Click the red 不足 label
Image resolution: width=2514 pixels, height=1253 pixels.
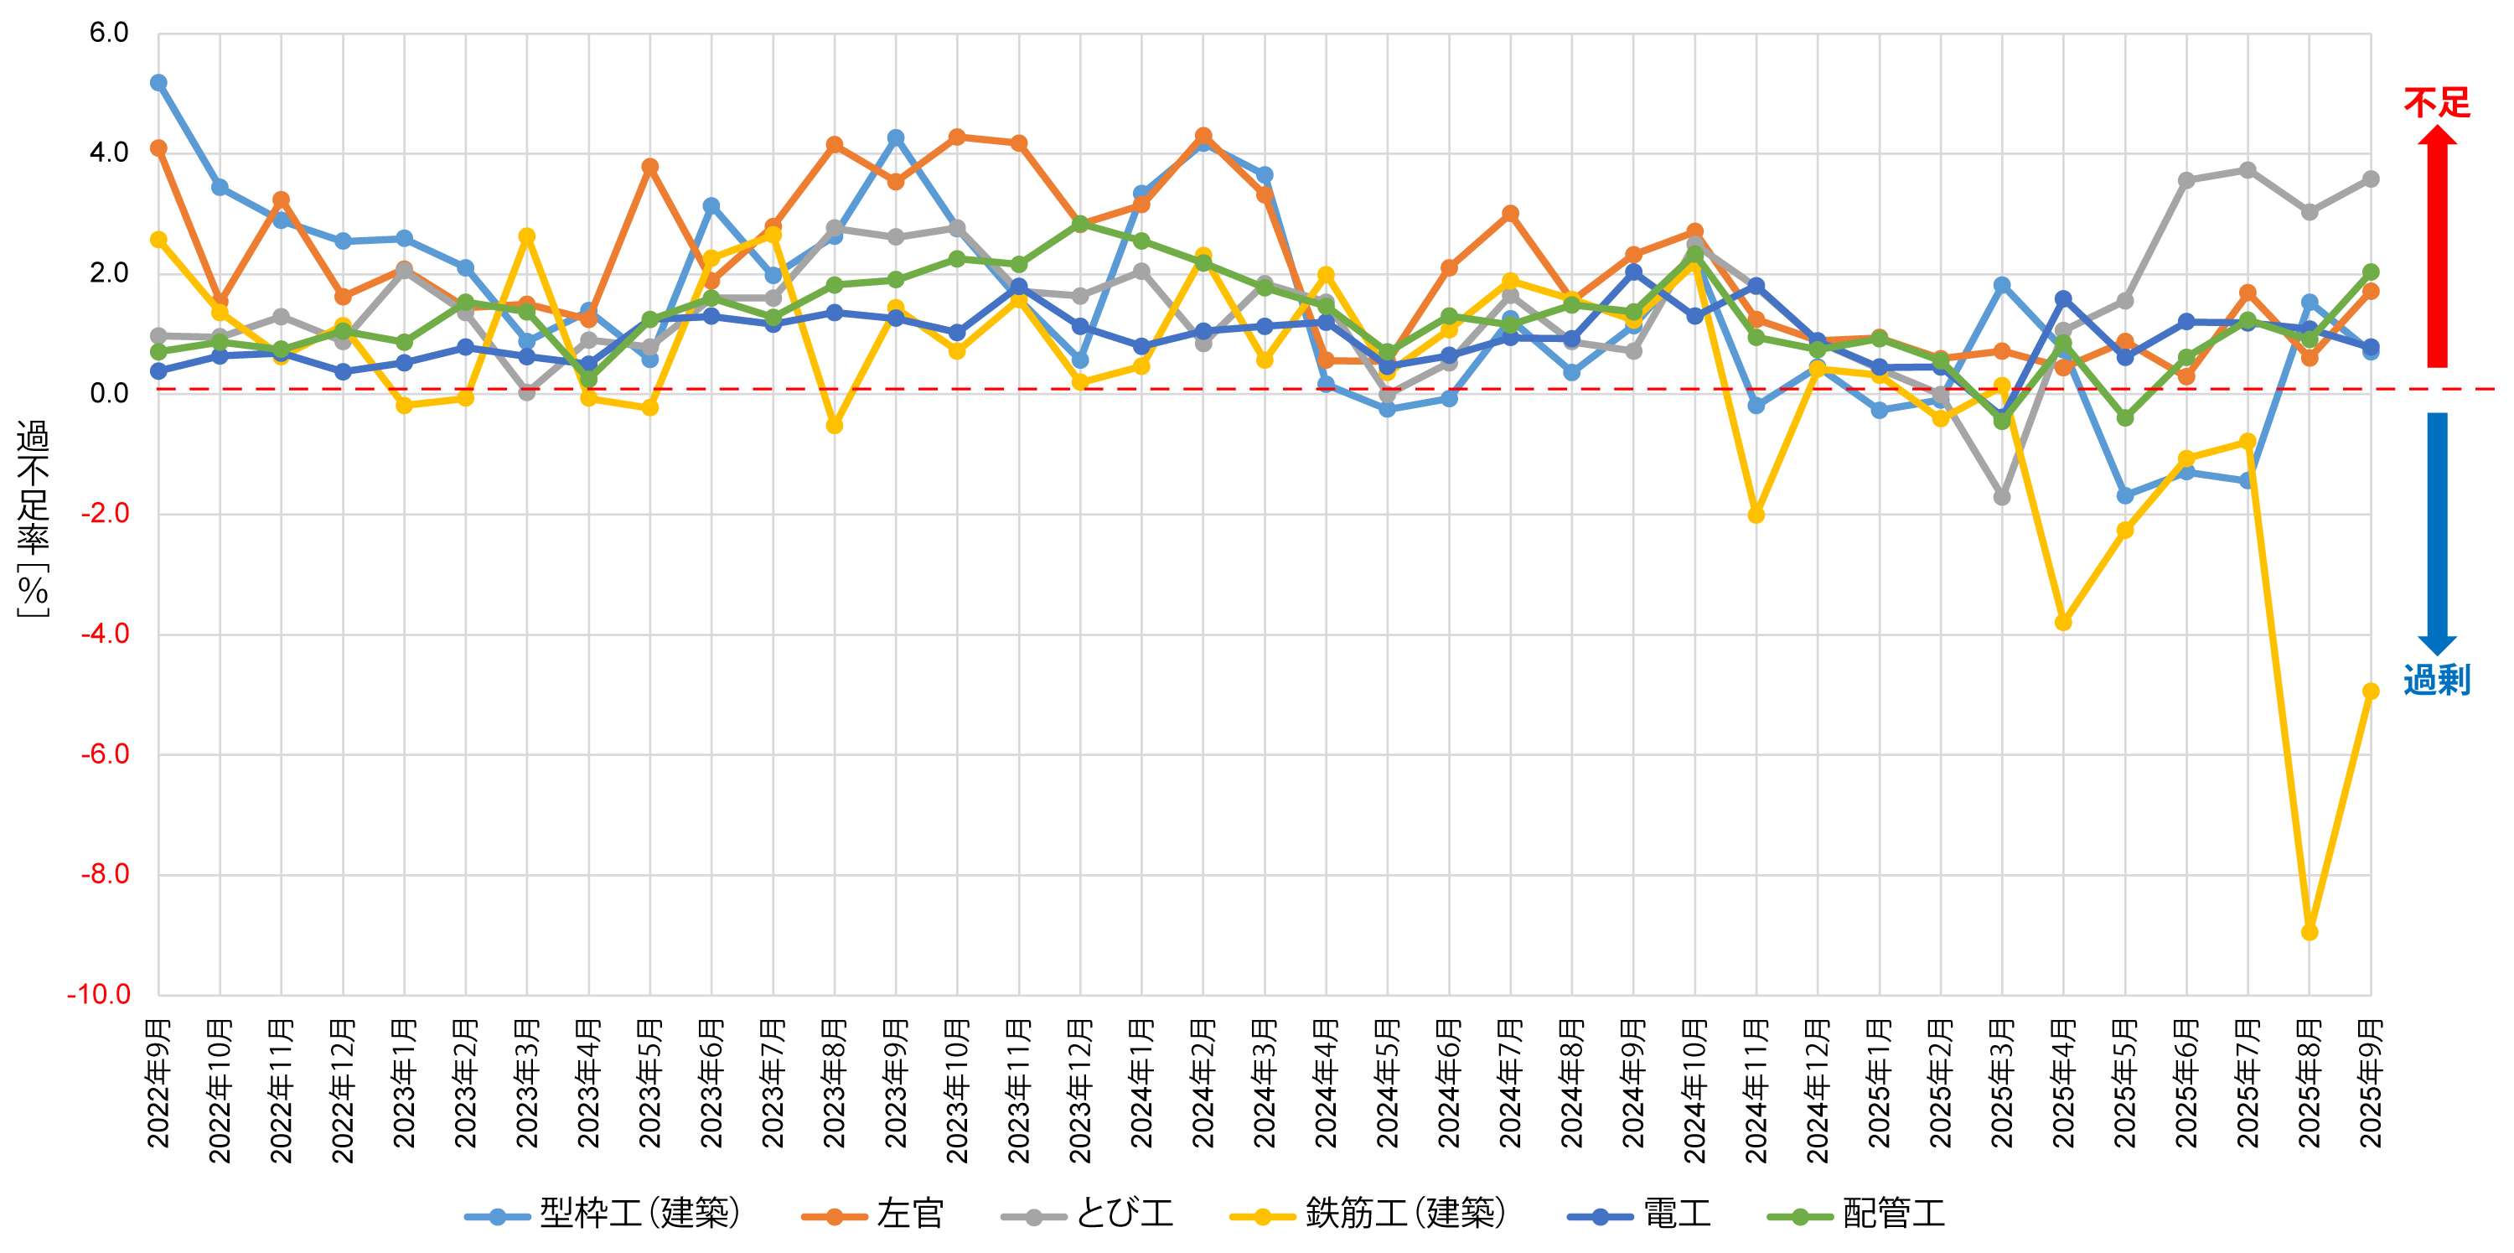click(2436, 102)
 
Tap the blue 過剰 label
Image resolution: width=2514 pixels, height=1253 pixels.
click(2436, 681)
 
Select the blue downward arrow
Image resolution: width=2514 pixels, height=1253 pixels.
click(2437, 533)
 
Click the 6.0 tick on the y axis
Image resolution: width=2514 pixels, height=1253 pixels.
click(108, 34)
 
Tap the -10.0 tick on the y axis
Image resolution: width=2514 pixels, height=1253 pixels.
click(99, 994)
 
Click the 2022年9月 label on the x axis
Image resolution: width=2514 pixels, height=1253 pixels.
click(159, 1083)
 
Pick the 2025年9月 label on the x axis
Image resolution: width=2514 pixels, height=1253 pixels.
click(2371, 1083)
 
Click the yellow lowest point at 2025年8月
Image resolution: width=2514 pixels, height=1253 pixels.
click(2309, 933)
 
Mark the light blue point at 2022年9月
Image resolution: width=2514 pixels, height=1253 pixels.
click(158, 83)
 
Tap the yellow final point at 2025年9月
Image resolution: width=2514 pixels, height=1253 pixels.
click(2371, 691)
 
